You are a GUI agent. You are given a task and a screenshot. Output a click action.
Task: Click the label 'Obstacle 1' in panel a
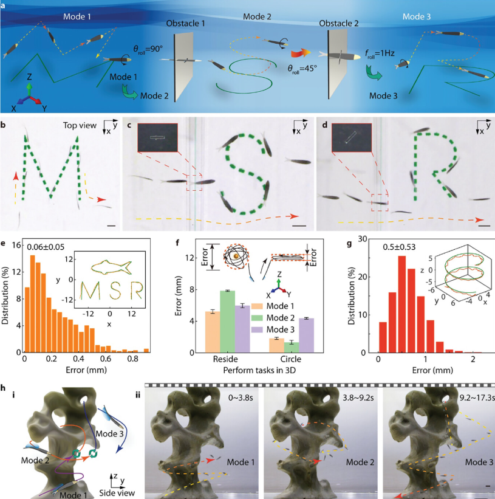(x=188, y=23)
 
